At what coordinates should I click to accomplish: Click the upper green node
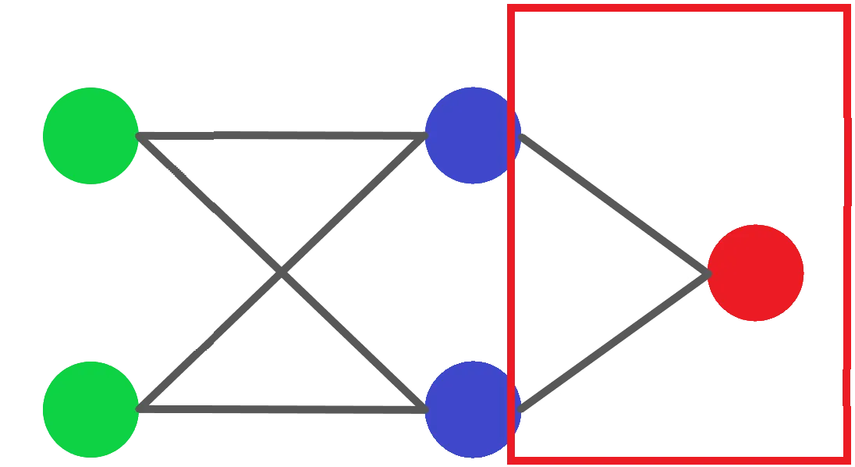[x=90, y=136]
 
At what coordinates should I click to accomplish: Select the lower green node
[x=90, y=408]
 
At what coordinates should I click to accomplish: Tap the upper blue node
[x=472, y=136]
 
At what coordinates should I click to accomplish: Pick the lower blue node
[x=472, y=408]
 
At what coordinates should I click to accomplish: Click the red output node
[x=755, y=273]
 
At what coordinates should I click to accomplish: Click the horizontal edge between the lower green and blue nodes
[x=281, y=407]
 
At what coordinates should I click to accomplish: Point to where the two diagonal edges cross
[x=281, y=273]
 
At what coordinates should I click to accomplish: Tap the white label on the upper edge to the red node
[x=576, y=151]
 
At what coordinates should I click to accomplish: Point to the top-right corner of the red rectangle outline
[x=849, y=7]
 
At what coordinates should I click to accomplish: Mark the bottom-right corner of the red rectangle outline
[x=849, y=458]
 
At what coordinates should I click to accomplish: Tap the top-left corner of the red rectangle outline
[x=511, y=7]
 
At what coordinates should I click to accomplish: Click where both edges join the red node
[x=708, y=272]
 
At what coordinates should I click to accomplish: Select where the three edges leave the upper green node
[x=140, y=138]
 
